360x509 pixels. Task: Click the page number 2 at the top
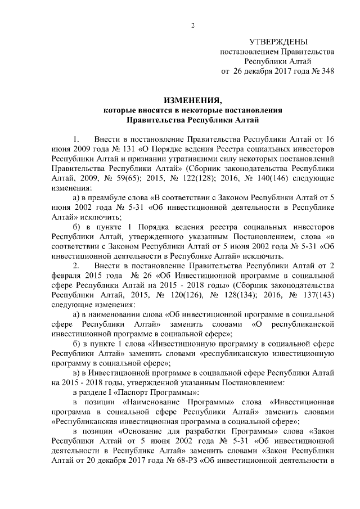point(192,25)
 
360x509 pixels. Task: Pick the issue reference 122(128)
point(211,177)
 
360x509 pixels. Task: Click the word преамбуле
point(109,196)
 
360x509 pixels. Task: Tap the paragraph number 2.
point(76,264)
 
